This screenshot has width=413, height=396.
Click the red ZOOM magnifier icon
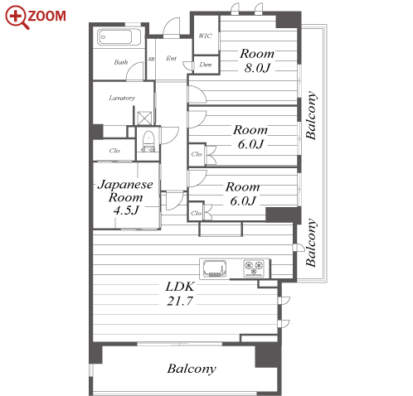17,17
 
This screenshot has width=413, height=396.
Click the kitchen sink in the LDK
215,268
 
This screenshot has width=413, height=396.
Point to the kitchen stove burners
254,268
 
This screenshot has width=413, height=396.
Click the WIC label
205,36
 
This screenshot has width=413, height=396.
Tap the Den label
206,65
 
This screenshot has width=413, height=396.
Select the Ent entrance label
172,58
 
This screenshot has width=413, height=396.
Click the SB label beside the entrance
151,59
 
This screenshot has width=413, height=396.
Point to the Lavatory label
122,98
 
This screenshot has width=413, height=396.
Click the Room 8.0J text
257,60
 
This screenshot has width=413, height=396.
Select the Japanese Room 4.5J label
125,197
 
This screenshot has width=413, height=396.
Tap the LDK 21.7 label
180,293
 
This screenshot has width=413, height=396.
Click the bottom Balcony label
192,369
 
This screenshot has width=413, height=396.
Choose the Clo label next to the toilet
114,151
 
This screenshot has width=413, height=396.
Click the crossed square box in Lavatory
144,118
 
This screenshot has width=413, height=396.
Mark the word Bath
121,62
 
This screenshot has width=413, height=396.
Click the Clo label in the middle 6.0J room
197,154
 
